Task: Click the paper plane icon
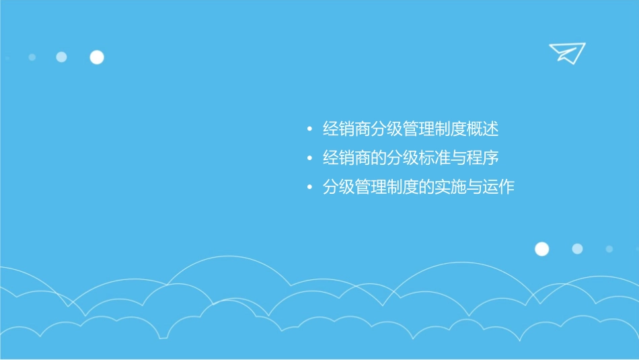567,52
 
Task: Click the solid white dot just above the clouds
541,249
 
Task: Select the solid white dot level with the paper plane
97,57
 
